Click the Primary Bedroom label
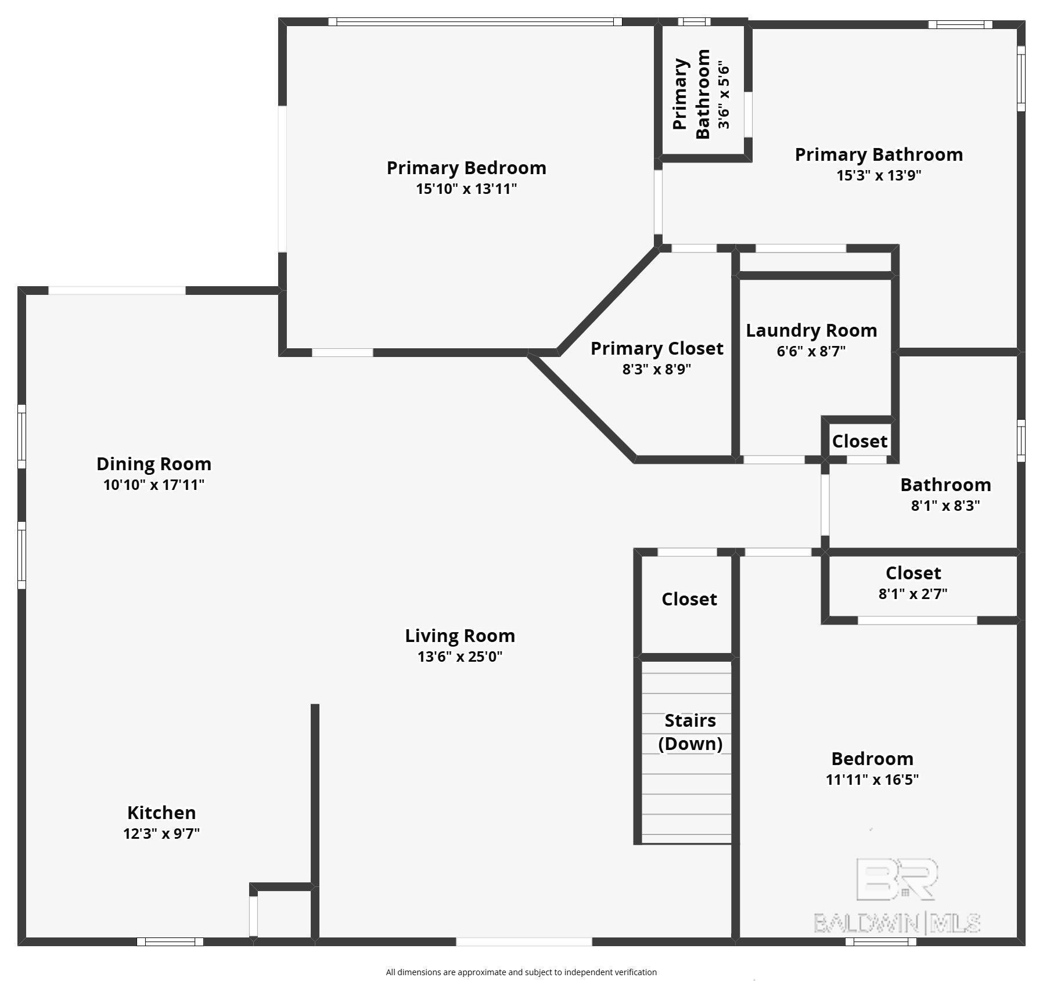coord(466,168)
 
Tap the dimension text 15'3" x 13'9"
coord(879,175)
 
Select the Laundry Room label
coord(811,331)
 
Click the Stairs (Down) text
coord(690,732)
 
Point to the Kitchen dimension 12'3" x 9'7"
coord(161,834)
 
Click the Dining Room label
coord(154,464)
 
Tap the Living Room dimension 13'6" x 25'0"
coord(460,657)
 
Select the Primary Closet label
coord(657,348)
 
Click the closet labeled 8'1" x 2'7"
coord(913,583)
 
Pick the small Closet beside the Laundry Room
coord(859,442)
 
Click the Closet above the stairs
coord(689,599)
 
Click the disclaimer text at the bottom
coord(521,972)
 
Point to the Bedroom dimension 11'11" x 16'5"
coord(872,780)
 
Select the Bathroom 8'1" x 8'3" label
coord(945,485)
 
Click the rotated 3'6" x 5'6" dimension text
coord(724,95)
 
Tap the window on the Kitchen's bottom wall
coord(170,942)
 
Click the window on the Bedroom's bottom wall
coord(880,942)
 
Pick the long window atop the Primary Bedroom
coord(475,22)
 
